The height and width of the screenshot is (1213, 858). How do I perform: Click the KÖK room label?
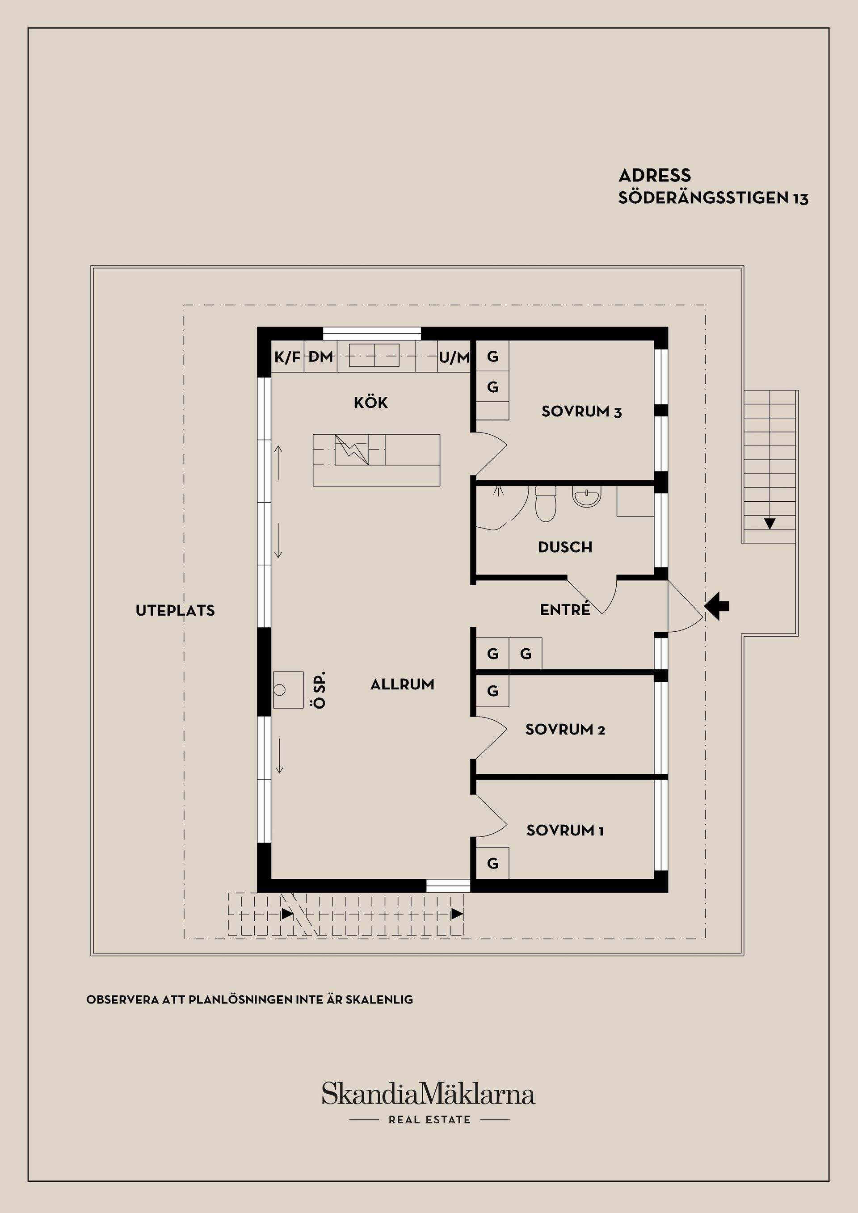370,403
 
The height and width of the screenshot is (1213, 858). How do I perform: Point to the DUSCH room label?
565,547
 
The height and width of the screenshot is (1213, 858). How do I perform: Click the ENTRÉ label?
565,610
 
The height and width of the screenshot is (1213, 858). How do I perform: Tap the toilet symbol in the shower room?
546,504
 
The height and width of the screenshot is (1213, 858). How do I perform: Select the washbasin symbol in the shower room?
586,497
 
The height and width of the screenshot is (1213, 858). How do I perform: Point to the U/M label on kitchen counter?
454,358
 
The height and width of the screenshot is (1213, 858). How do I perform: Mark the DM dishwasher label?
321,357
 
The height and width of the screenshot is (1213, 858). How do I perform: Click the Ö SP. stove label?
319,690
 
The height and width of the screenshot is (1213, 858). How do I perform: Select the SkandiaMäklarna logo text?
429,1094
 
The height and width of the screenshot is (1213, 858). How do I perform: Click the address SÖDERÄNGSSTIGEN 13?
713,198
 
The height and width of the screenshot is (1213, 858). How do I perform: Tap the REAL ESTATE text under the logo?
429,1120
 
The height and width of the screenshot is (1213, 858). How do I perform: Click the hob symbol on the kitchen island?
351,449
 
